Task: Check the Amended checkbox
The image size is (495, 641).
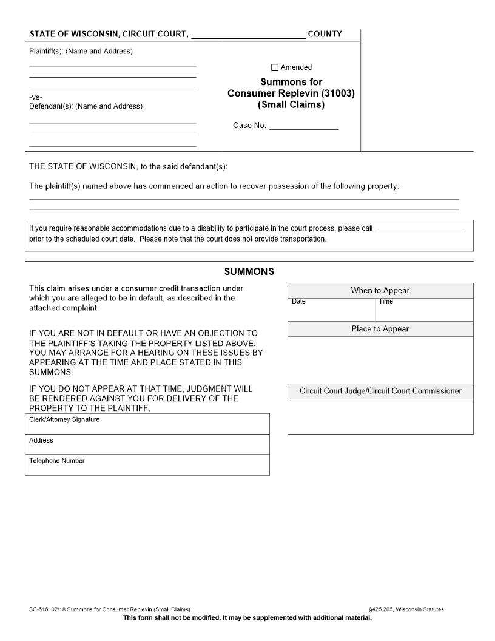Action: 275,67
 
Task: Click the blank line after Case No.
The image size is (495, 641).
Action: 303,126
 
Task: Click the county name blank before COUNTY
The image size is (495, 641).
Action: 248,34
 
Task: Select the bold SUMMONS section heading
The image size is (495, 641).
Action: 249,271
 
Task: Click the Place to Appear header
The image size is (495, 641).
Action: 380,329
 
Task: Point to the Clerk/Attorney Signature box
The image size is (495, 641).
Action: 147,424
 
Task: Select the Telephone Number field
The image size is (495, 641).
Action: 147,465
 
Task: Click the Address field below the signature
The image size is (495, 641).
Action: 147,444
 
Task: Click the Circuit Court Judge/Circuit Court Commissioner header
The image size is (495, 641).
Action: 380,391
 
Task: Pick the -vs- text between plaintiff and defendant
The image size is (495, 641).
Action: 36,97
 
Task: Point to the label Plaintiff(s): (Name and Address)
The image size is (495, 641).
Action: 81,51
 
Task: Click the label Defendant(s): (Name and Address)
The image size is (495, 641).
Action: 86,106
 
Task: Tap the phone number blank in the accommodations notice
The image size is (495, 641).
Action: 419,229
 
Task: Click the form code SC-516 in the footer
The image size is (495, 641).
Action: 39,609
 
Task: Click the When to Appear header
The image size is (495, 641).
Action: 380,291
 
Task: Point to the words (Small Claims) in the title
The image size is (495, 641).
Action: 291,104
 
